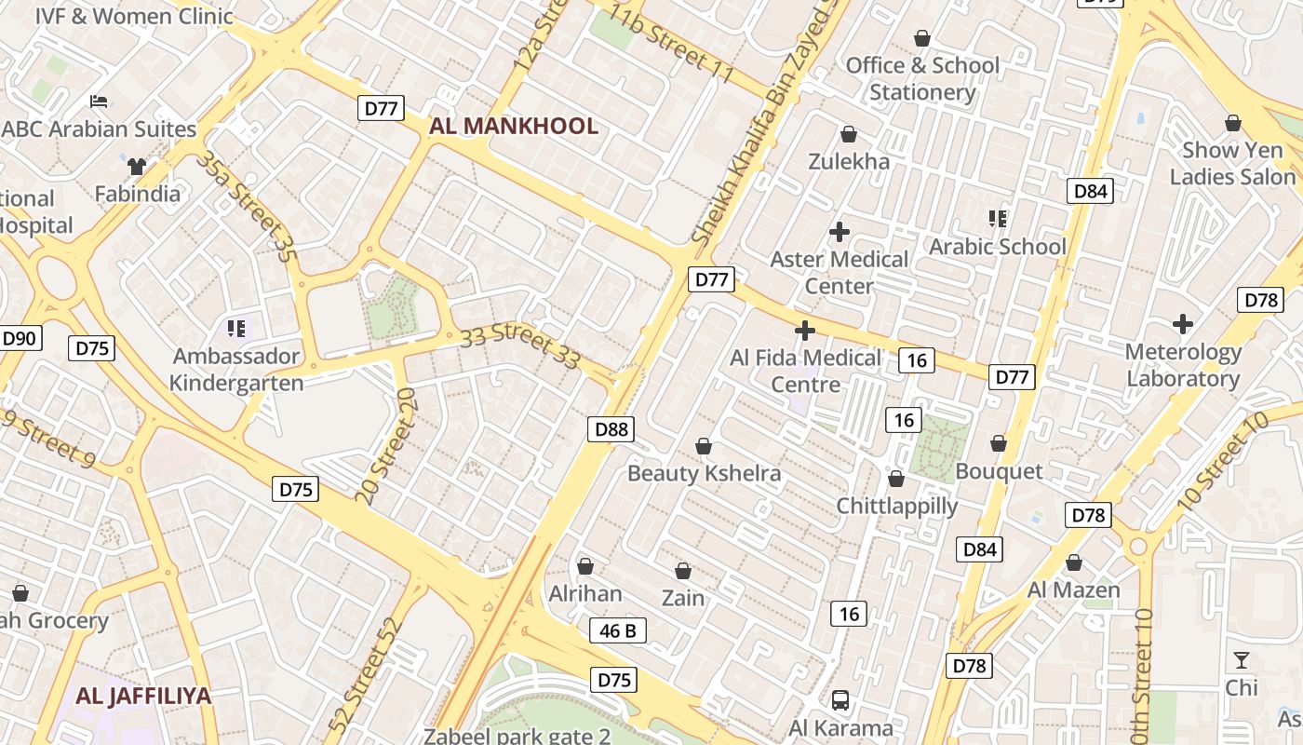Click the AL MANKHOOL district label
click(514, 126)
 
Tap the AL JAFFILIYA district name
click(143, 696)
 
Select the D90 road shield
click(20, 338)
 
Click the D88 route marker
click(611, 428)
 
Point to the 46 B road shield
click(617, 630)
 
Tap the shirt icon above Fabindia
click(138, 167)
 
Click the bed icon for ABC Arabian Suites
click(99, 101)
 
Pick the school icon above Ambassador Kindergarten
click(236, 328)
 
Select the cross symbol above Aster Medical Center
click(840, 231)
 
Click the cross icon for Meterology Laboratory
click(1183, 324)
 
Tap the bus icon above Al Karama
click(840, 699)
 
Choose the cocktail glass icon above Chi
click(1242, 660)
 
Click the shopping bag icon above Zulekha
click(848, 134)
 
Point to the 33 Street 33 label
click(520, 345)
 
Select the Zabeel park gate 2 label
click(517, 736)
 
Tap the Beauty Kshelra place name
click(704, 473)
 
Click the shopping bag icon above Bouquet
click(999, 443)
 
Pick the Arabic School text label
click(998, 247)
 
